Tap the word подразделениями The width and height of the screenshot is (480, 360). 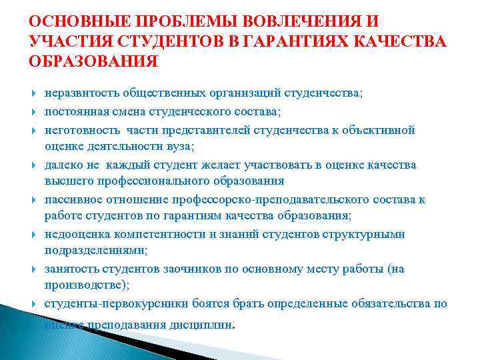pyautogui.click(x=86, y=251)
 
